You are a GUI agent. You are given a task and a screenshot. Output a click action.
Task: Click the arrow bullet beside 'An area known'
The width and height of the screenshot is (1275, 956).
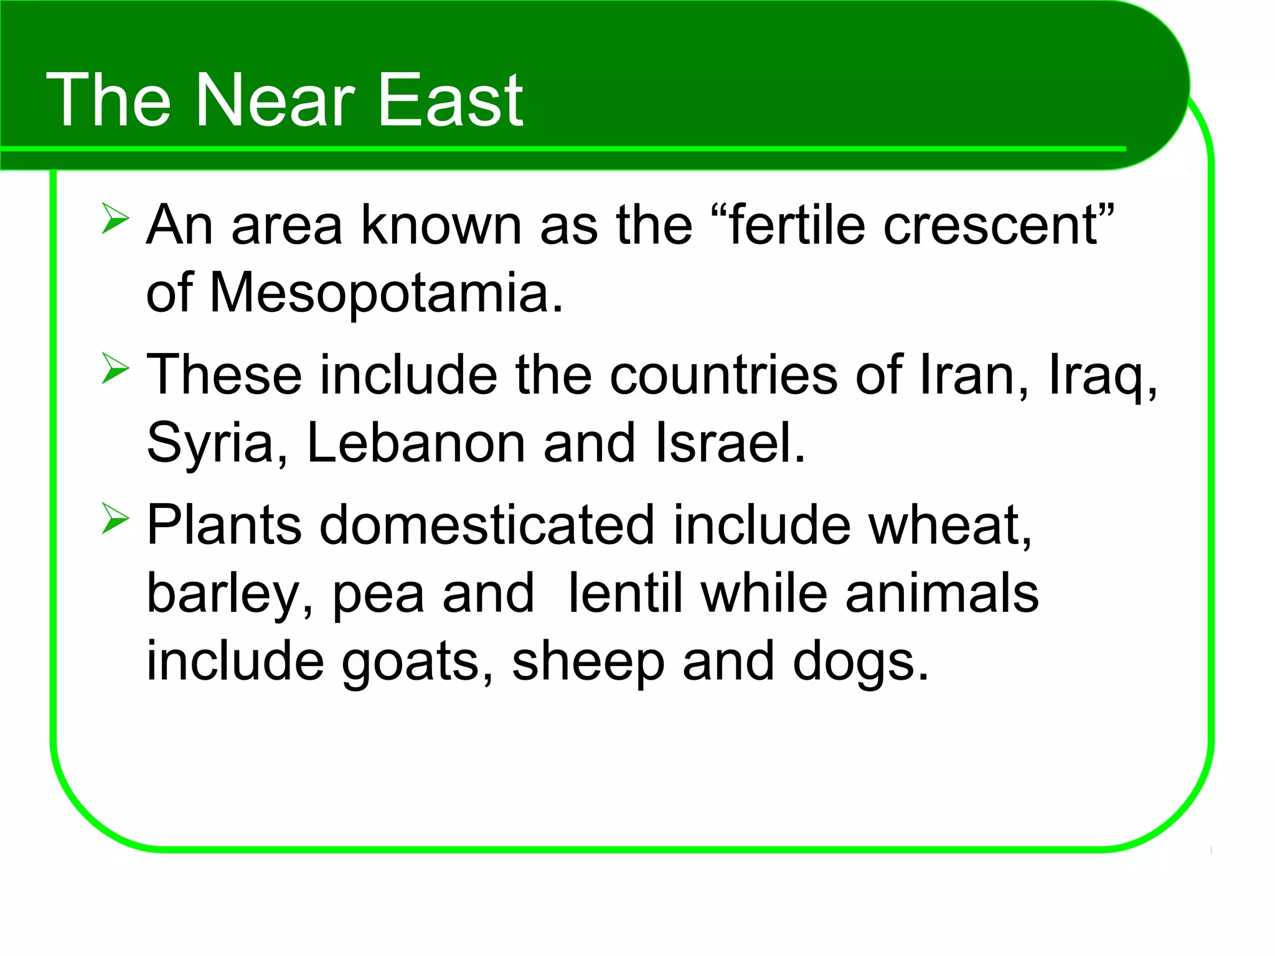[115, 218]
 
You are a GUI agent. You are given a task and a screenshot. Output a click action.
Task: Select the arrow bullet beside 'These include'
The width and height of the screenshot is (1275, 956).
[115, 368]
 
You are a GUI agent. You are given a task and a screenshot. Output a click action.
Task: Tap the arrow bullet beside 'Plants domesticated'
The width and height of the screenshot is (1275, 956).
[115, 519]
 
